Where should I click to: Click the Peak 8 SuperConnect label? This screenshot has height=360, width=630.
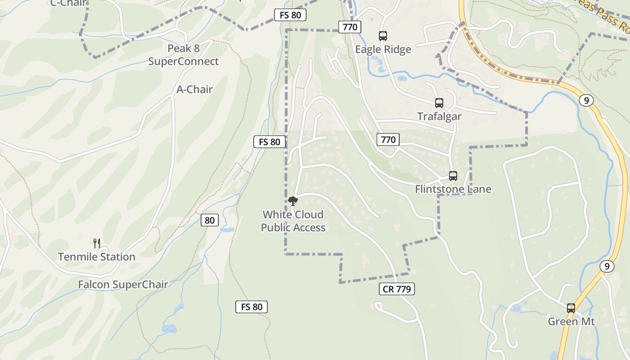click(184, 55)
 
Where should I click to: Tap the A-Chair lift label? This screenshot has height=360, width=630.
click(194, 90)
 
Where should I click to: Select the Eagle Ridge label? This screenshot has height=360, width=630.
click(383, 49)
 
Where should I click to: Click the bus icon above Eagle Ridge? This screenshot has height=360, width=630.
click(383, 36)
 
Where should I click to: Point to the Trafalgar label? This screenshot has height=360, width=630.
click(439, 117)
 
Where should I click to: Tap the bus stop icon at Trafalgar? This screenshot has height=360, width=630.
click(439, 103)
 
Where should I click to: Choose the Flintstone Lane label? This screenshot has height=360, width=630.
click(453, 189)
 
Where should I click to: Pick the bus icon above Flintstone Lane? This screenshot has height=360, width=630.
click(453, 175)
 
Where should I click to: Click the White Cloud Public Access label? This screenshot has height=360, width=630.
click(293, 221)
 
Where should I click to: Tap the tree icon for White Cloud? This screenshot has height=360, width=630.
click(293, 201)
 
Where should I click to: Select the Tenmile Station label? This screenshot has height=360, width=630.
click(96, 257)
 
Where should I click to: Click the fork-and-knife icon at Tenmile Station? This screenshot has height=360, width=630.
click(96, 243)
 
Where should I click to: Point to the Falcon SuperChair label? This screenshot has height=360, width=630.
click(123, 284)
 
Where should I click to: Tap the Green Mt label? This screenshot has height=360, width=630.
click(571, 322)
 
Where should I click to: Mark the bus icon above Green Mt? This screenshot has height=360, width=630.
click(571, 308)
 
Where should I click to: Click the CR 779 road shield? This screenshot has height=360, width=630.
click(396, 289)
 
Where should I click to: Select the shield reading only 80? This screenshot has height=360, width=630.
click(209, 220)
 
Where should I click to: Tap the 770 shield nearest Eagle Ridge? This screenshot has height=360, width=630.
click(349, 27)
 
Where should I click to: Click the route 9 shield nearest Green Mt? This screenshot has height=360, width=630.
click(607, 266)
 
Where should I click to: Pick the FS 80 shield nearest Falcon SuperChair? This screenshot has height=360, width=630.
click(252, 307)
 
